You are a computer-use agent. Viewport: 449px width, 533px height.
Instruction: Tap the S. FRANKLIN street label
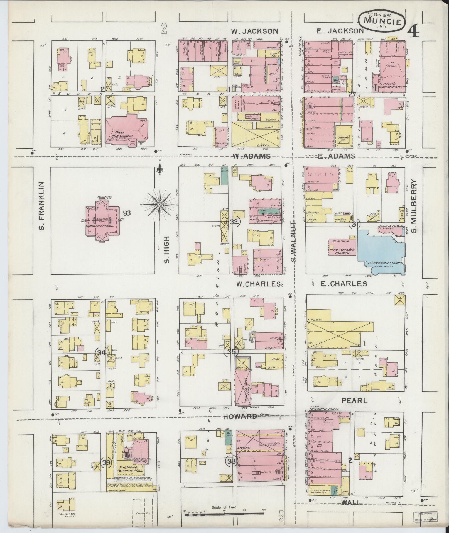coord(42,206)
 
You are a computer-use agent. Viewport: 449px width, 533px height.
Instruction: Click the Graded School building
coord(102,220)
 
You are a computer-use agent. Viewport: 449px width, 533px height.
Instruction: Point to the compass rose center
coord(160,205)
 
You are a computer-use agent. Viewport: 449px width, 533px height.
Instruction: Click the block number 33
coord(127,213)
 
